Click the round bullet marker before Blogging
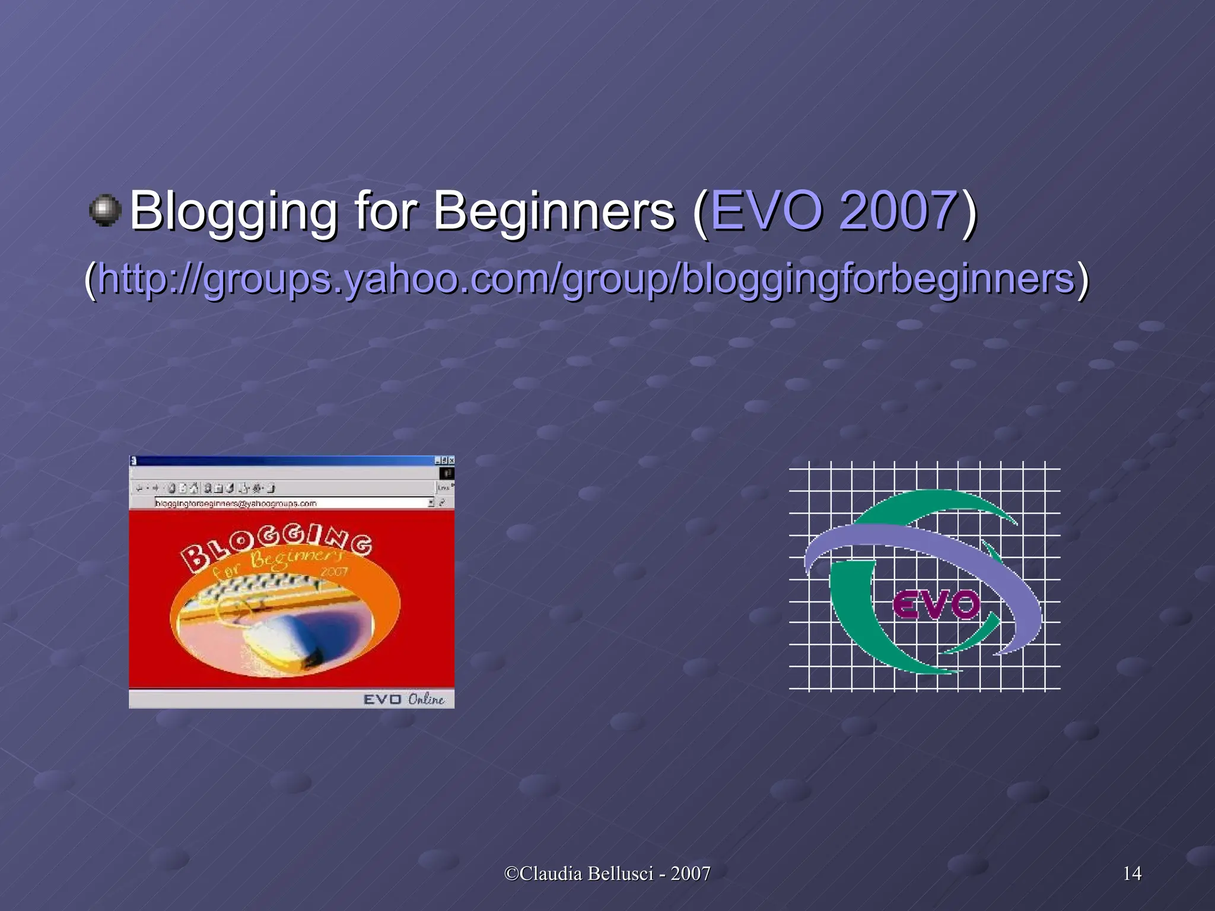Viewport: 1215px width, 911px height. click(106, 210)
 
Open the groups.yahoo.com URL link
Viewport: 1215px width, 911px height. click(586, 279)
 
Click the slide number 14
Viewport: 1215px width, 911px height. click(1132, 873)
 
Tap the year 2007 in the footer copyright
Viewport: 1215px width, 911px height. click(691, 873)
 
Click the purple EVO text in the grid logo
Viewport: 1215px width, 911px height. click(936, 606)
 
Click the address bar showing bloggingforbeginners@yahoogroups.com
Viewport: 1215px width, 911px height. click(291, 503)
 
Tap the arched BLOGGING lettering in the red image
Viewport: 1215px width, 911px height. click(276, 543)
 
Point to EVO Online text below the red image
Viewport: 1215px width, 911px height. click(403, 699)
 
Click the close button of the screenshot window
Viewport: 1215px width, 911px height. click(451, 460)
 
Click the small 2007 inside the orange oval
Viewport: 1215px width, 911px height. click(333, 572)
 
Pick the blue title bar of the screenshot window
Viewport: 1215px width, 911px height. click(285, 460)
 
